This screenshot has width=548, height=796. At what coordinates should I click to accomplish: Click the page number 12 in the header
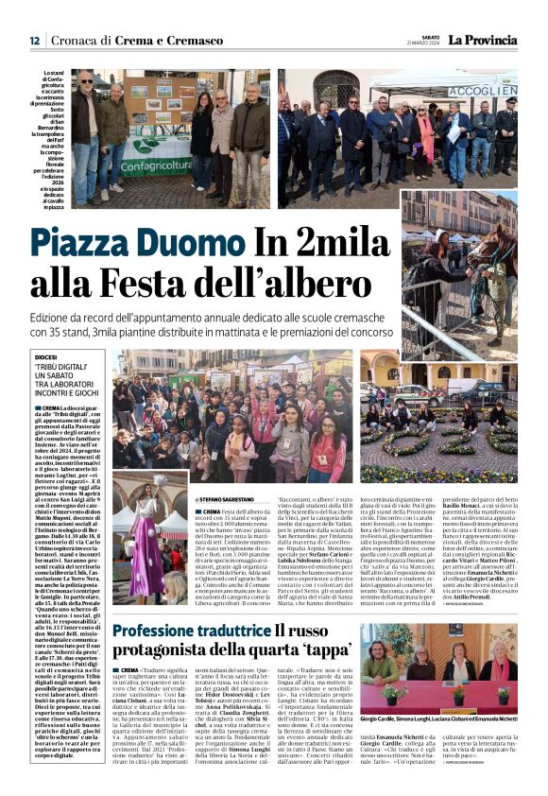tap(34, 41)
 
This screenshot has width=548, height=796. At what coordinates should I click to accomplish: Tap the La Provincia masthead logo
tap(483, 40)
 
